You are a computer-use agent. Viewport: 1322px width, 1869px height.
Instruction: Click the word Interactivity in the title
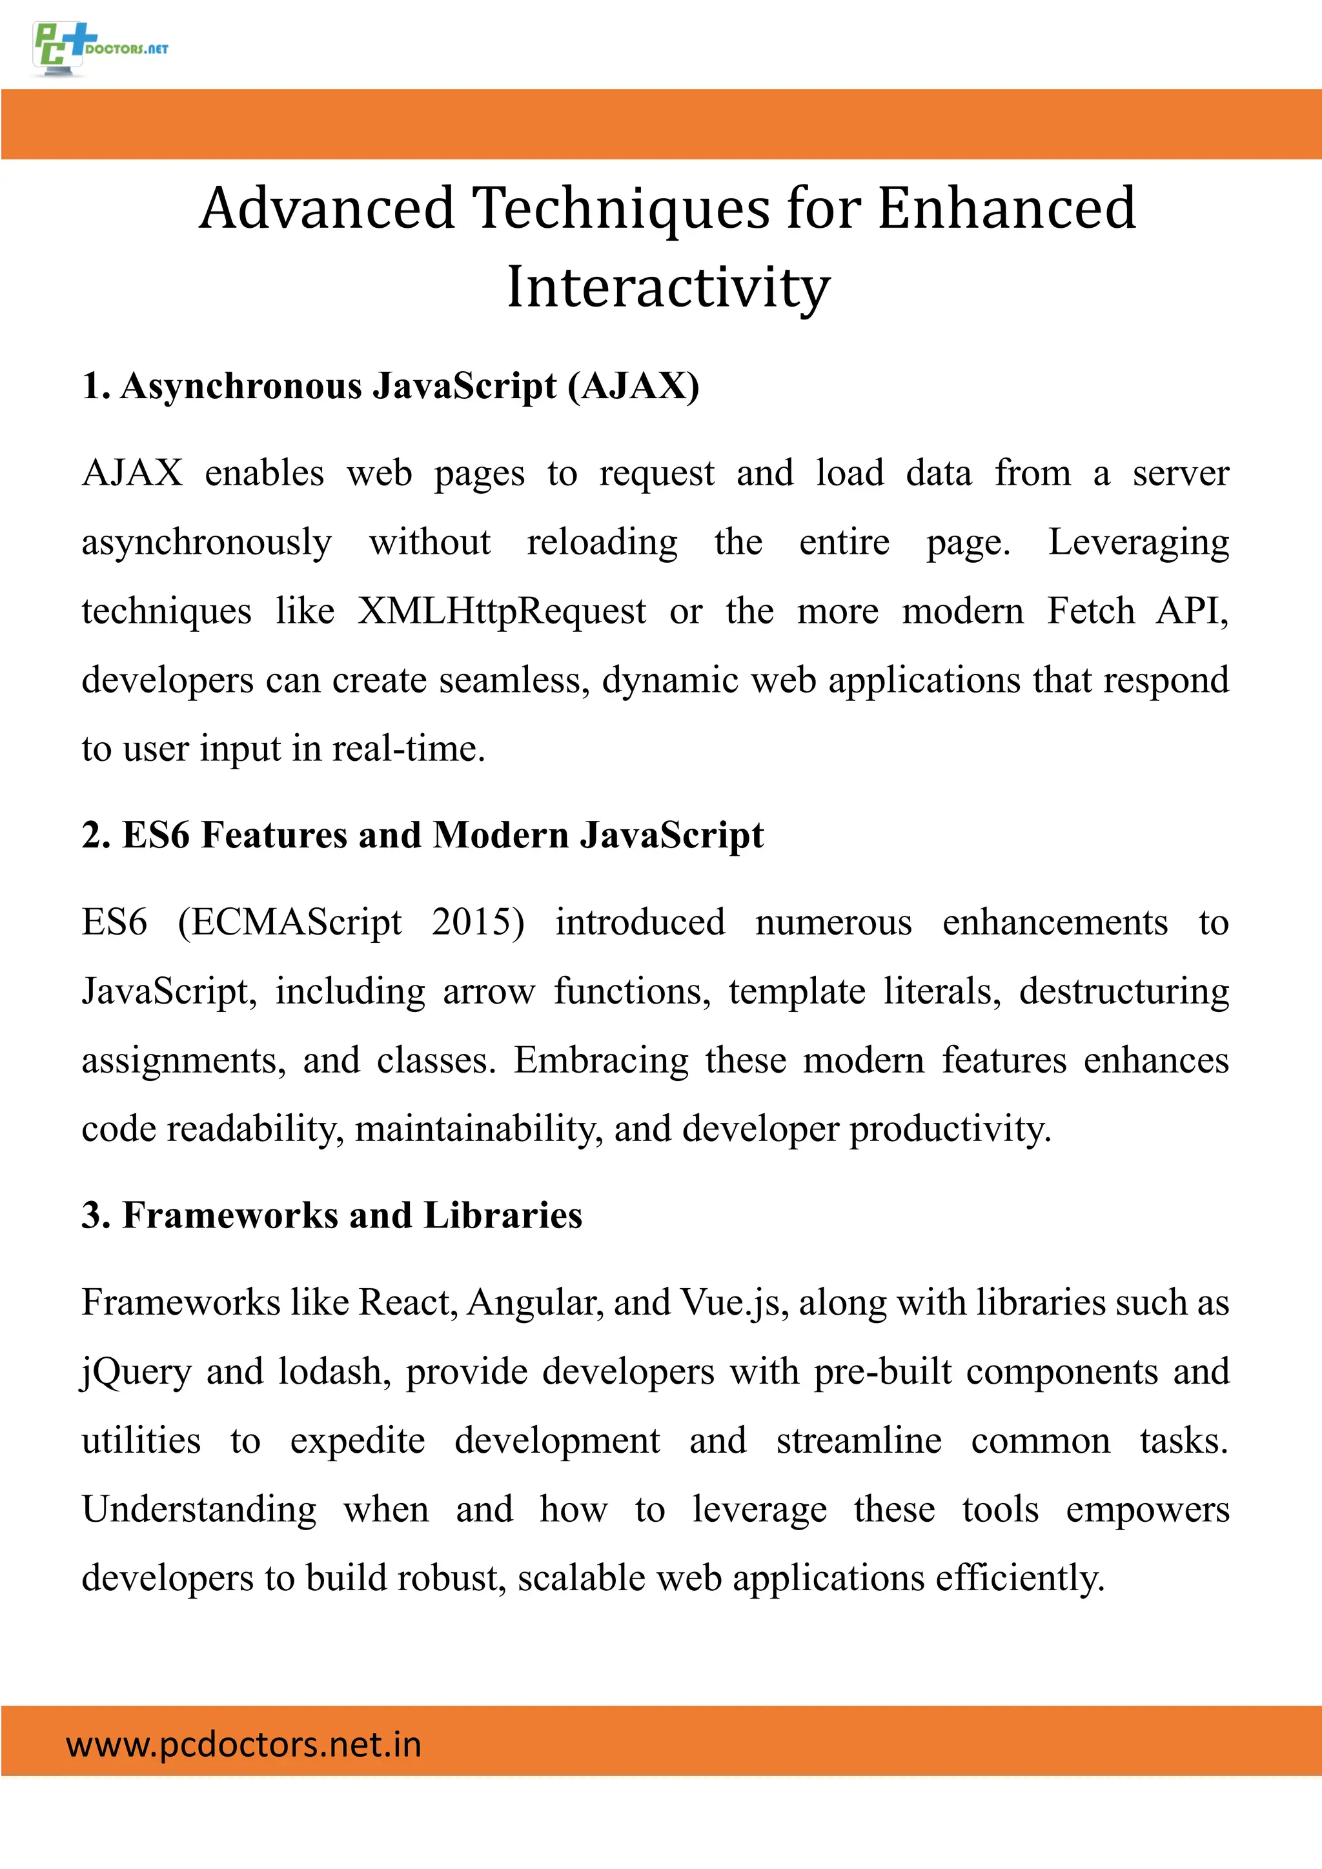(x=667, y=288)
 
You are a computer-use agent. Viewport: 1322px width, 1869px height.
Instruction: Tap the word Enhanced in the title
(x=1006, y=208)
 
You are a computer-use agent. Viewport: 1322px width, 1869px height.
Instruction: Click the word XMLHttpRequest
(x=502, y=611)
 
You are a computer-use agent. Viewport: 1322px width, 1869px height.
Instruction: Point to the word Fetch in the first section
(x=1090, y=611)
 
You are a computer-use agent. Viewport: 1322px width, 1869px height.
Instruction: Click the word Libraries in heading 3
(x=502, y=1215)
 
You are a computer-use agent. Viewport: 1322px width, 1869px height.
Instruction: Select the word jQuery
(x=136, y=1373)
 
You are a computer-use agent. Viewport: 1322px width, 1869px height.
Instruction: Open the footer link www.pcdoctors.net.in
(x=243, y=1744)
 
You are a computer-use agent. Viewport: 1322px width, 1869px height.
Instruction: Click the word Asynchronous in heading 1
(x=241, y=386)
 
